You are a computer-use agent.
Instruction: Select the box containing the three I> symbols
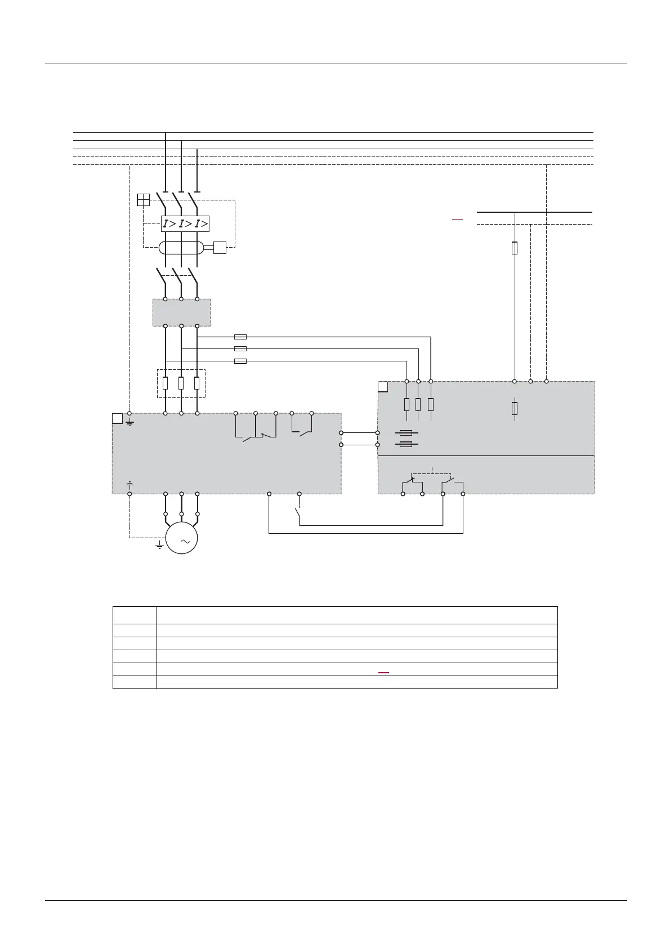pyautogui.click(x=185, y=224)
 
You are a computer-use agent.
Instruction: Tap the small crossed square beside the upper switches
pyautogui.click(x=143, y=200)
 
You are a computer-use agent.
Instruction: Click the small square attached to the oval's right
pyautogui.click(x=220, y=248)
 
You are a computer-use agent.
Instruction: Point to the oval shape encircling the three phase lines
pyautogui.click(x=181, y=248)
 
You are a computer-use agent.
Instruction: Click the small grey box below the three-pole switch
pyautogui.click(x=181, y=312)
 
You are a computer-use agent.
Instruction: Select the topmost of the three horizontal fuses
pyautogui.click(x=240, y=337)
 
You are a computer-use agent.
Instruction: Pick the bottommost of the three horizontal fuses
pyautogui.click(x=240, y=361)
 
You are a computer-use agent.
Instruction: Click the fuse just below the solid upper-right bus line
pyautogui.click(x=515, y=248)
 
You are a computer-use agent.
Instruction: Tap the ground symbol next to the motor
pyautogui.click(x=159, y=545)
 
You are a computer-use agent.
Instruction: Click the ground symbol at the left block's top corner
pyautogui.click(x=129, y=422)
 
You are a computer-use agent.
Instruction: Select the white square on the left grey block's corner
pyautogui.click(x=117, y=418)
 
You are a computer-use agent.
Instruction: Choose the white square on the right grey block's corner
pyautogui.click(x=383, y=387)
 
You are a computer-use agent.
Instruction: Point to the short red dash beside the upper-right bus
pyautogui.click(x=457, y=218)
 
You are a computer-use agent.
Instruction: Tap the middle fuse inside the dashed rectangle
pyautogui.click(x=181, y=383)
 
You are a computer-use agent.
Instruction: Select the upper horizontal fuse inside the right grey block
pyautogui.click(x=405, y=433)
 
